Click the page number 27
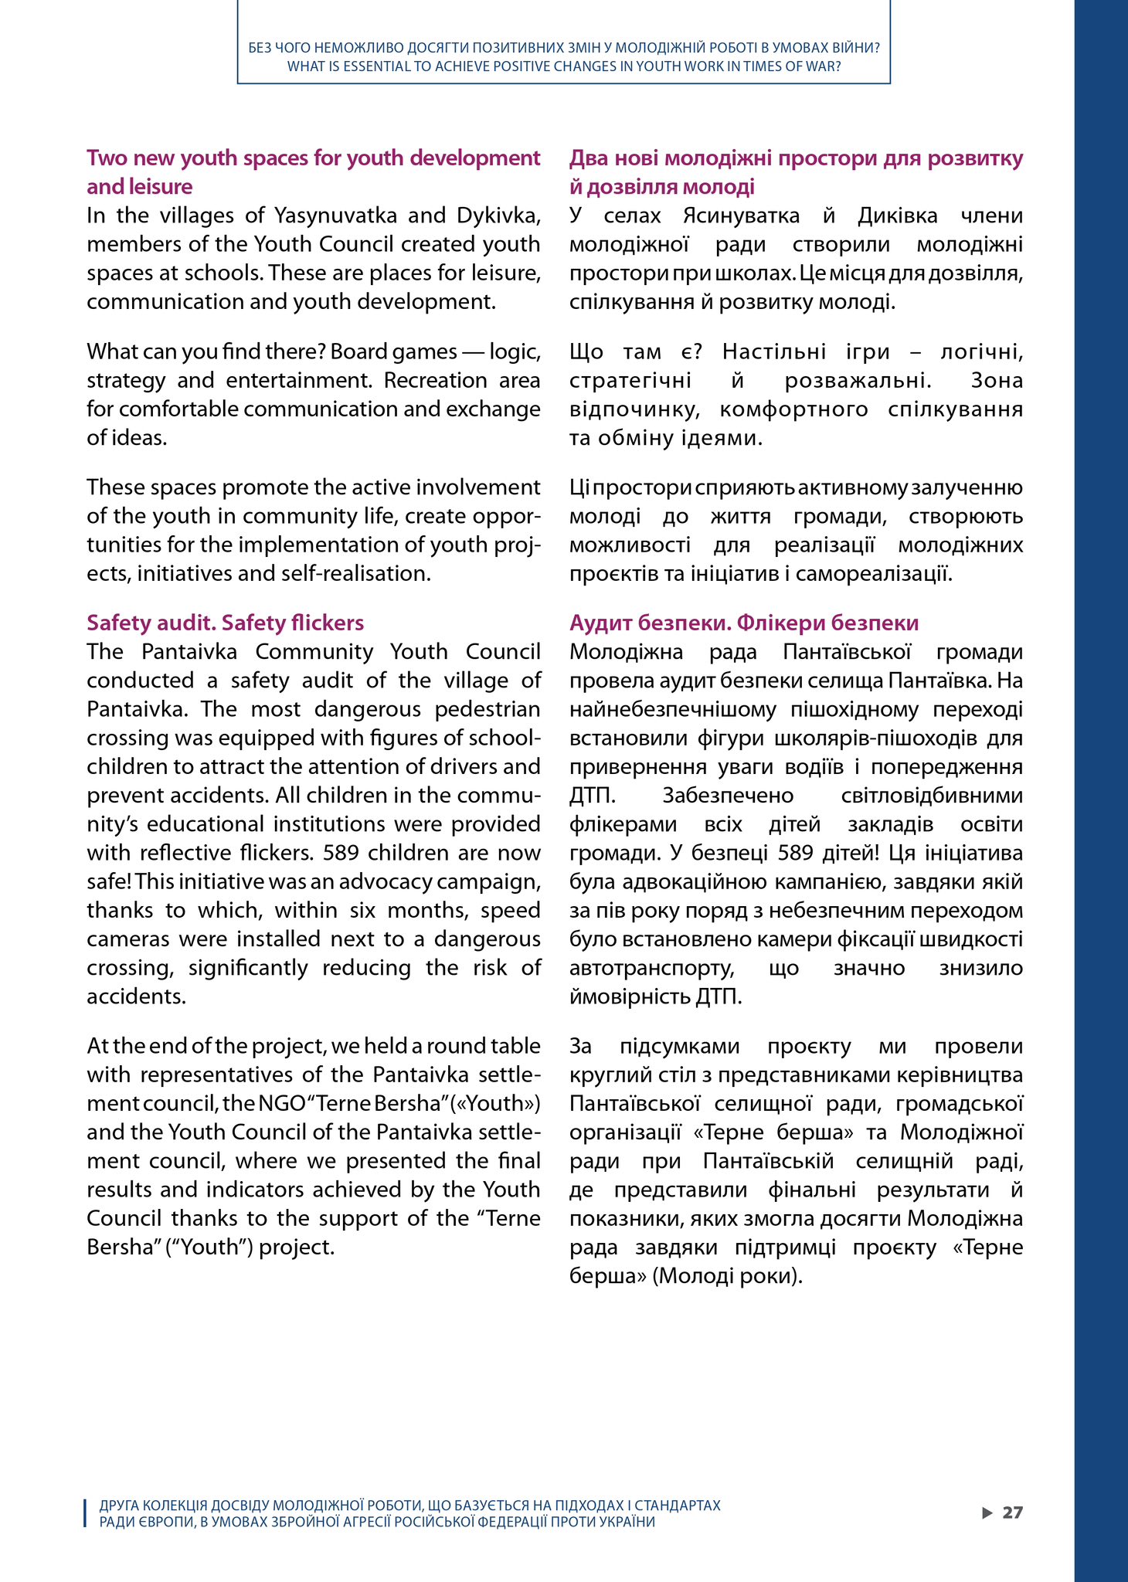1012,1512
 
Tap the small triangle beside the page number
987,1512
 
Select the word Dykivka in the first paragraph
498,215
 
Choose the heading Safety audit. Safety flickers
225,623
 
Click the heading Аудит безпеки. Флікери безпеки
744,623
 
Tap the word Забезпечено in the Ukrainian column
728,796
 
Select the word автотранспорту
651,968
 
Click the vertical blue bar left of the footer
84,1513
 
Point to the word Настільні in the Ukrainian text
767,352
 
